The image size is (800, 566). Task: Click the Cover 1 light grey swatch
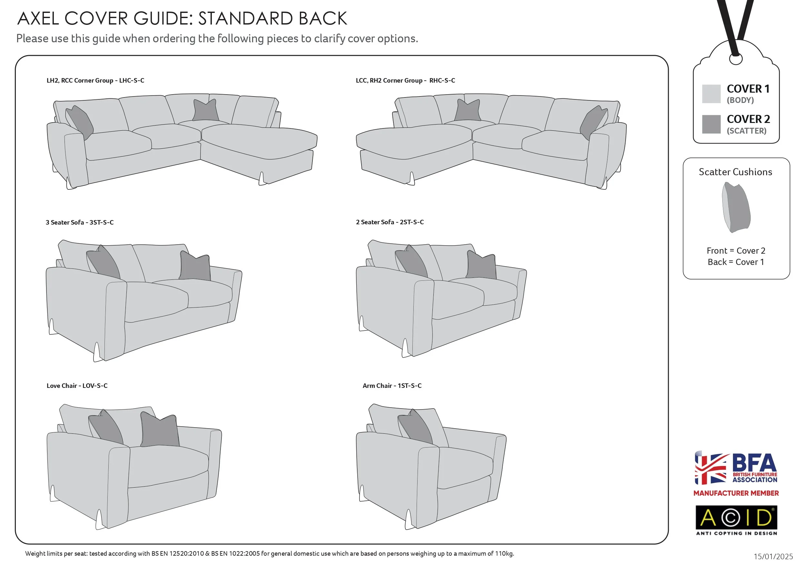click(x=711, y=94)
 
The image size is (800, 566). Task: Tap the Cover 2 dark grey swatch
click(x=711, y=124)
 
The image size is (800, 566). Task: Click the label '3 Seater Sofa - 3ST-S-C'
click(x=79, y=222)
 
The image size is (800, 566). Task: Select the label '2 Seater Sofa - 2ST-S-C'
click(x=390, y=222)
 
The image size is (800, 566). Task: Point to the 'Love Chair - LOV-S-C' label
click(x=77, y=386)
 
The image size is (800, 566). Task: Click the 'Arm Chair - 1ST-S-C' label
click(x=392, y=386)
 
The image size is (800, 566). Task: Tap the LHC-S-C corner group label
click(x=95, y=81)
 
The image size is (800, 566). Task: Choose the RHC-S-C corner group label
click(x=405, y=81)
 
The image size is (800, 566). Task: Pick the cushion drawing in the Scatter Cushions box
click(x=736, y=207)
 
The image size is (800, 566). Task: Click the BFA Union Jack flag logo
click(x=711, y=468)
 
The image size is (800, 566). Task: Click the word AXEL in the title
click(x=38, y=18)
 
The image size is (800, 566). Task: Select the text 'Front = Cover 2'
click(x=736, y=251)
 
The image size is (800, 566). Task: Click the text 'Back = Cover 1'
click(x=736, y=262)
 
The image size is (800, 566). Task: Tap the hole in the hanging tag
click(x=736, y=59)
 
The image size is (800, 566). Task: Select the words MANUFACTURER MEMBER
click(x=736, y=493)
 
